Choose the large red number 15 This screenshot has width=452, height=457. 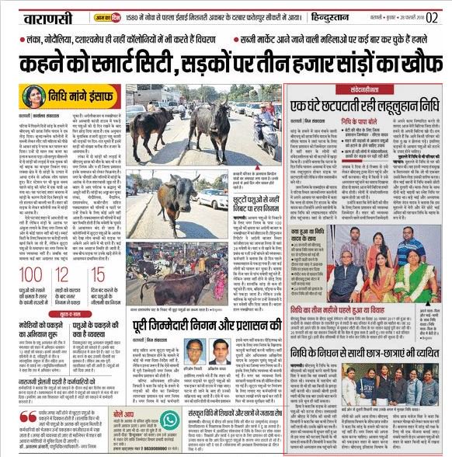[98, 274]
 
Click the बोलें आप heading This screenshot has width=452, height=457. [123, 414]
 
